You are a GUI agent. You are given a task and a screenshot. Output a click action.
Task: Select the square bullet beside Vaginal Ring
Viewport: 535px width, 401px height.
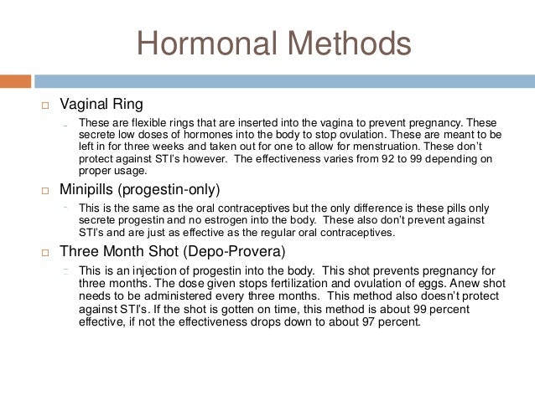(44, 105)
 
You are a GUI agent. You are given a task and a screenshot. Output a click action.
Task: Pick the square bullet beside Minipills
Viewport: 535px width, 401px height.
(44, 191)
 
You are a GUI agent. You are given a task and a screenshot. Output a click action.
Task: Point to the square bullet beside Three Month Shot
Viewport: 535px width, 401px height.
(44, 251)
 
